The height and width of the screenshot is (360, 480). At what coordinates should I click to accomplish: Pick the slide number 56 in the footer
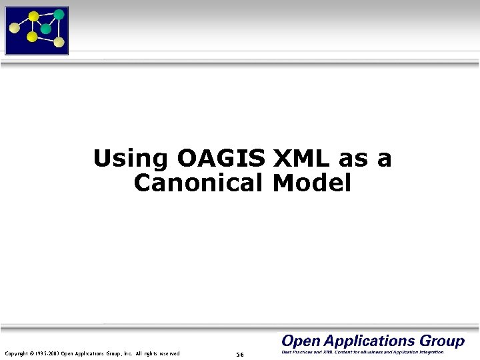[240, 354]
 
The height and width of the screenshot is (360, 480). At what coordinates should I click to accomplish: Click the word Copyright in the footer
[17, 353]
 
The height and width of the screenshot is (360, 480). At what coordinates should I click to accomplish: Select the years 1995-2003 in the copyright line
[47, 353]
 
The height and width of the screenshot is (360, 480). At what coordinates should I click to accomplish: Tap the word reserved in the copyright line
[167, 353]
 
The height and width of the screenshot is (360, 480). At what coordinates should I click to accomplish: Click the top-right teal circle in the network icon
[59, 14]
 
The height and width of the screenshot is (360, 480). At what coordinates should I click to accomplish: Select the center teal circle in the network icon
[45, 29]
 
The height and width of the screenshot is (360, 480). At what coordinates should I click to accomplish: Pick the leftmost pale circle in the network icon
[14, 28]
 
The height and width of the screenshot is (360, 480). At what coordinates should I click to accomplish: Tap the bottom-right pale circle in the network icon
[59, 42]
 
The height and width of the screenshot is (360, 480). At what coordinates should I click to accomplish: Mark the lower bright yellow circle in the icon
[31, 37]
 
